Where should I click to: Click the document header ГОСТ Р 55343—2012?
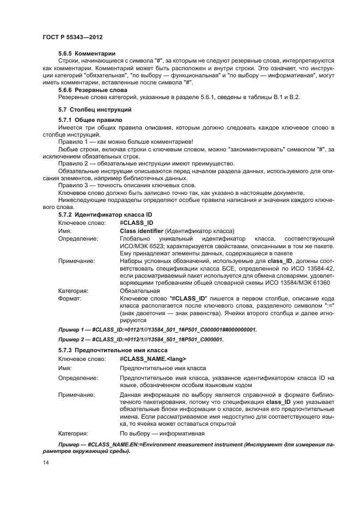point(72,36)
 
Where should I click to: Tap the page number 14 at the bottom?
point(45,462)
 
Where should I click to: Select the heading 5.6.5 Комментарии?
point(87,53)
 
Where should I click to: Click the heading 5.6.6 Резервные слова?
point(93,90)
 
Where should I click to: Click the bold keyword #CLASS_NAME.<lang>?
point(153,359)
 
